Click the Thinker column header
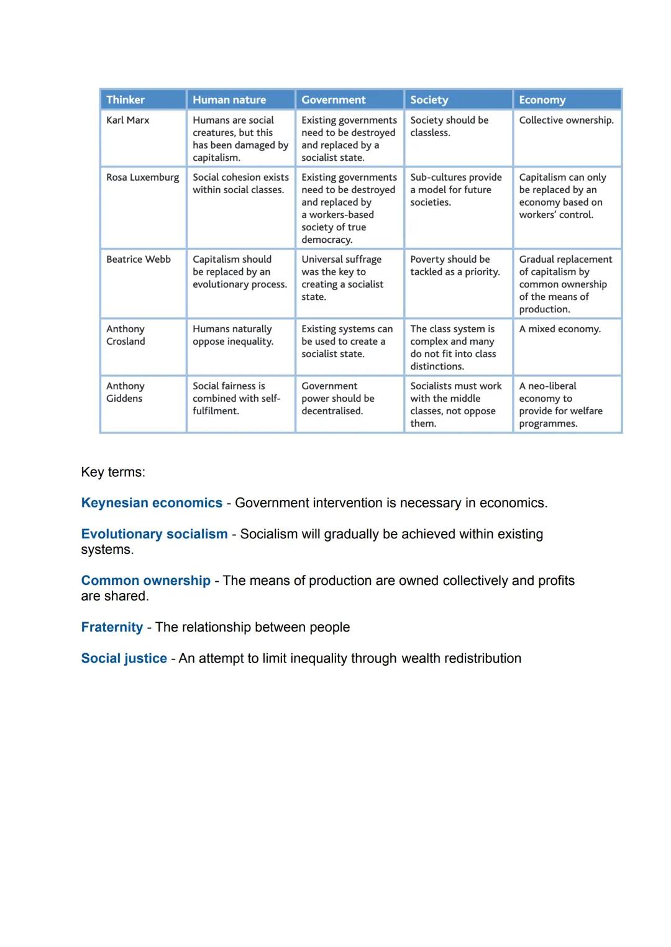click(126, 99)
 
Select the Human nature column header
click(229, 99)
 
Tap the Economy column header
click(542, 99)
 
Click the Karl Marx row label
click(128, 120)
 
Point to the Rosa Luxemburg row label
click(142, 177)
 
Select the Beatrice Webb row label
click(139, 259)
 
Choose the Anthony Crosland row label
click(126, 335)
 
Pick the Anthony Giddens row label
click(126, 392)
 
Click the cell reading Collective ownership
click(566, 120)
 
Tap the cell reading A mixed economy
click(560, 329)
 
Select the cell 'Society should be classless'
click(449, 126)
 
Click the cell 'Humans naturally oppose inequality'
click(233, 335)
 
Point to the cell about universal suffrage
click(342, 278)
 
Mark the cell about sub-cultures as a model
click(456, 189)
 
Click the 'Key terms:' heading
click(113, 472)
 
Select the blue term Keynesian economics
click(152, 503)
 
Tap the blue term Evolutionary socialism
click(154, 534)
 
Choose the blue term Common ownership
click(146, 581)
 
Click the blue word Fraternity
click(112, 627)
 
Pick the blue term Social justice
click(124, 658)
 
